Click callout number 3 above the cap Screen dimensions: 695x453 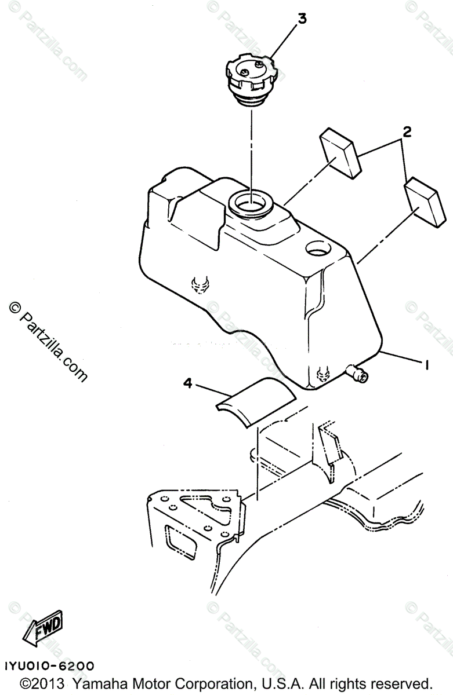302,19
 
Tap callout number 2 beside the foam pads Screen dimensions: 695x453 407,131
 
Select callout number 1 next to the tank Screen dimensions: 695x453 426,364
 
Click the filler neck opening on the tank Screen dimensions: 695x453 252,203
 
